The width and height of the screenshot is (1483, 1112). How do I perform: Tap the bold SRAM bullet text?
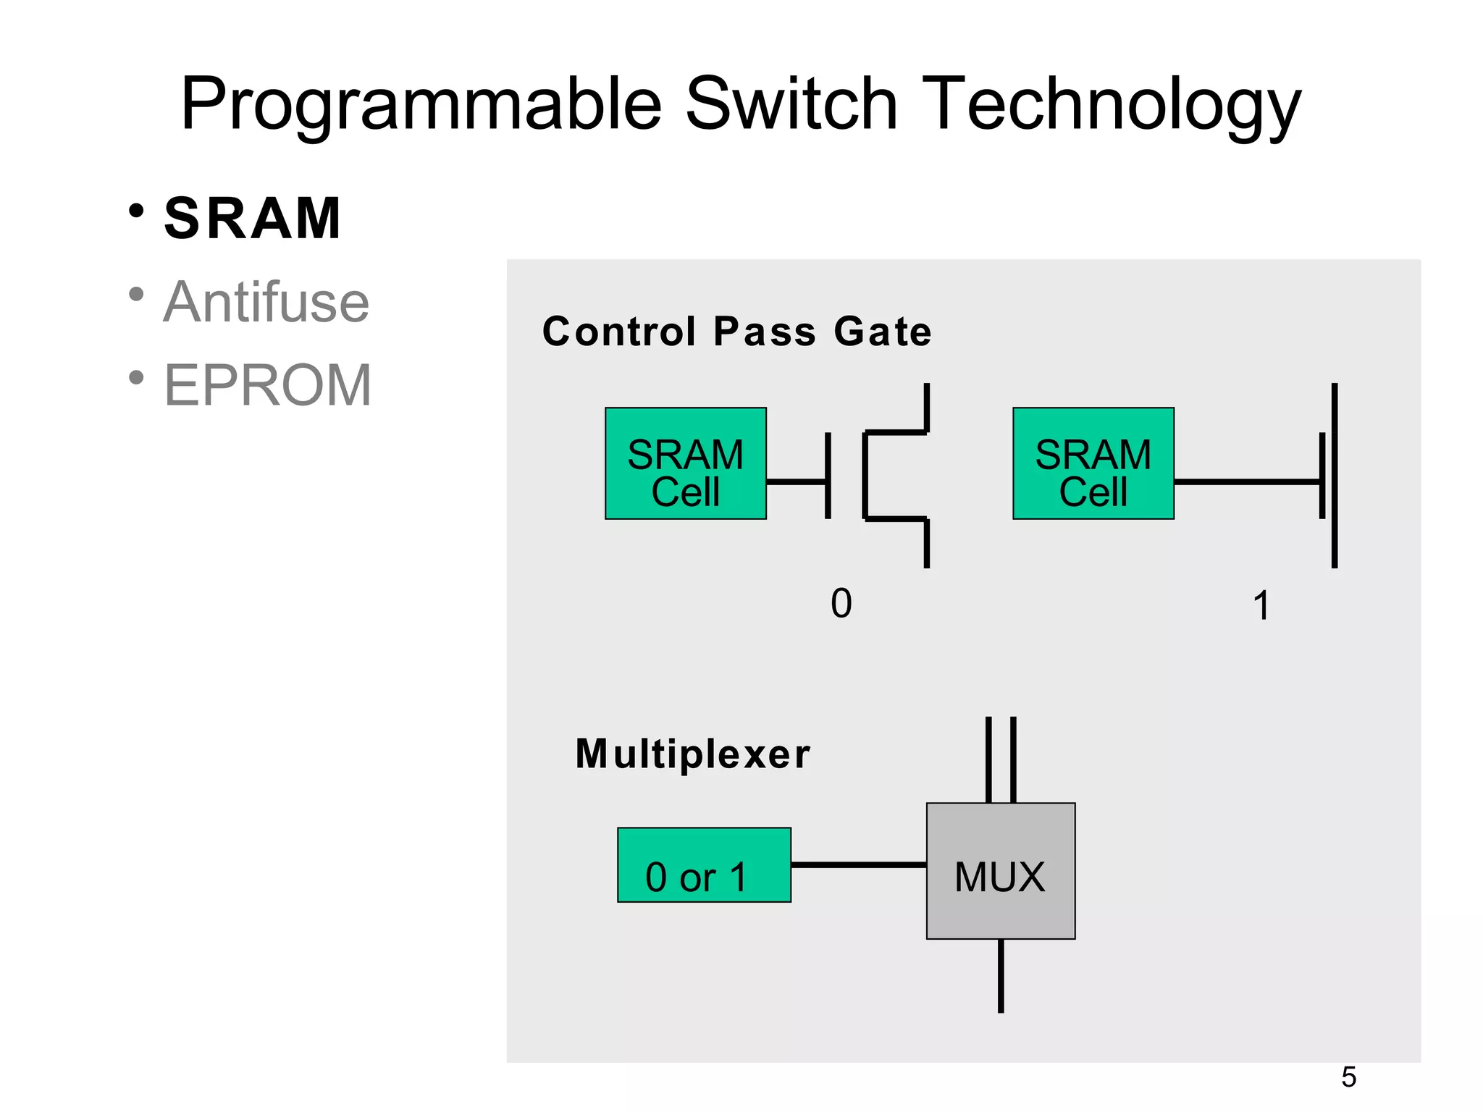[253, 219]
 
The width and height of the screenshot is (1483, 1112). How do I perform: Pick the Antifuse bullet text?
[266, 303]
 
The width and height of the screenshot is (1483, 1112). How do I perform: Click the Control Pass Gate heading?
[736, 332]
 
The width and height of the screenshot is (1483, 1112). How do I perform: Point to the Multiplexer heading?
[692, 754]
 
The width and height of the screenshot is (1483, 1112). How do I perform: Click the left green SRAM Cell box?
[685, 463]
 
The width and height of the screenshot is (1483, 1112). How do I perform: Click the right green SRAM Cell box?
[1093, 463]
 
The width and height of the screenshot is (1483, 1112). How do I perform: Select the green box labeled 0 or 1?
[703, 865]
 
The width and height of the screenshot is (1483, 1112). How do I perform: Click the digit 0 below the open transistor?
[841, 603]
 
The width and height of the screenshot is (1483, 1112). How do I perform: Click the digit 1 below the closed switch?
[1261, 605]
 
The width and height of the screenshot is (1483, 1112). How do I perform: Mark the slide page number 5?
[1348, 1077]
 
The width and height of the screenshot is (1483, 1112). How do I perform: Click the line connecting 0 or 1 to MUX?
[858, 864]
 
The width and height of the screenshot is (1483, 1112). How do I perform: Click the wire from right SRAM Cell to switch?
[1245, 481]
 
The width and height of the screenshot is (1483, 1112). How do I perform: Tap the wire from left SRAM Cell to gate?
[795, 481]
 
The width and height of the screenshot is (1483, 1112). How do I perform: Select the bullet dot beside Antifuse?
[136, 295]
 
